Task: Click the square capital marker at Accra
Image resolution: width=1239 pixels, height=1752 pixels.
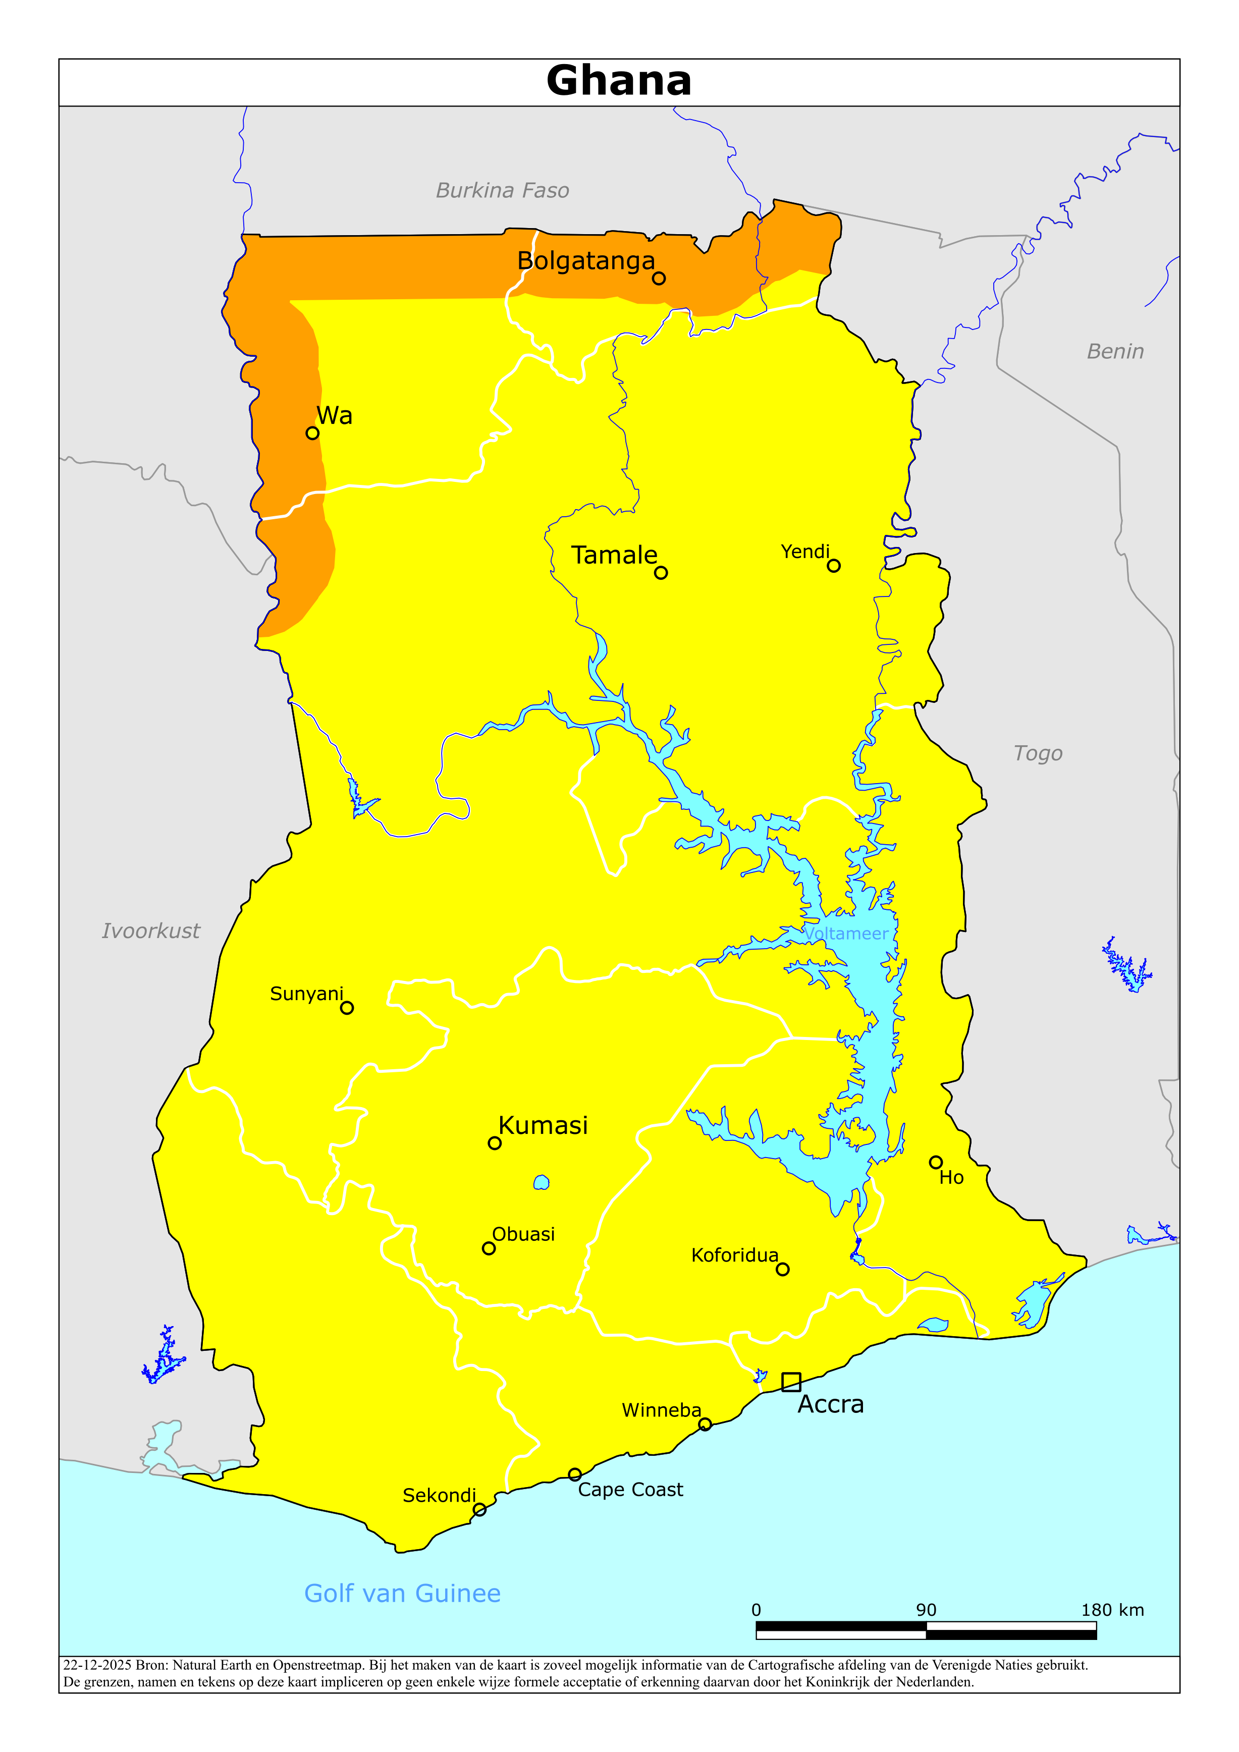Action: coord(791,1382)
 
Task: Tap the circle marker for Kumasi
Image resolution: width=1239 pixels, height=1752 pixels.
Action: coord(495,1143)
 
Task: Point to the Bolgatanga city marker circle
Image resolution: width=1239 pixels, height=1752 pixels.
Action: coord(659,279)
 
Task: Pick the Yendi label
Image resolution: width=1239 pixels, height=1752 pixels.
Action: coord(804,552)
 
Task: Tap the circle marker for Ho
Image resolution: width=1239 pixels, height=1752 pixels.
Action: coord(935,1162)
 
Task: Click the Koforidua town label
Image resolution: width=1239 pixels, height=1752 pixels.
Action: coord(734,1255)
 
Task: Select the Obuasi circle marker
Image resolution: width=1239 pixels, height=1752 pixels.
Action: coord(489,1248)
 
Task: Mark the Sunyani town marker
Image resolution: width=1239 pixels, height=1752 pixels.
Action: coord(347,1008)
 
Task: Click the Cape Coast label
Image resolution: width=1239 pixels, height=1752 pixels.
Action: coord(630,1490)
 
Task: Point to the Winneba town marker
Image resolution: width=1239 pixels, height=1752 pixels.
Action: coord(705,1425)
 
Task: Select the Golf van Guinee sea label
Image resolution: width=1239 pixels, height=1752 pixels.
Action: coord(402,1594)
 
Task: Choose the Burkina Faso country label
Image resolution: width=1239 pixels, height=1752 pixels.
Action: coord(502,191)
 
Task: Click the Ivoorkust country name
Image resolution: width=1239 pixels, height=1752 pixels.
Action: coord(151,931)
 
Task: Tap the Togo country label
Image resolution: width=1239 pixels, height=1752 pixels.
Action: coord(1038,753)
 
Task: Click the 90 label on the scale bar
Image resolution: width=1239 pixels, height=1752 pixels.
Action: coord(926,1610)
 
